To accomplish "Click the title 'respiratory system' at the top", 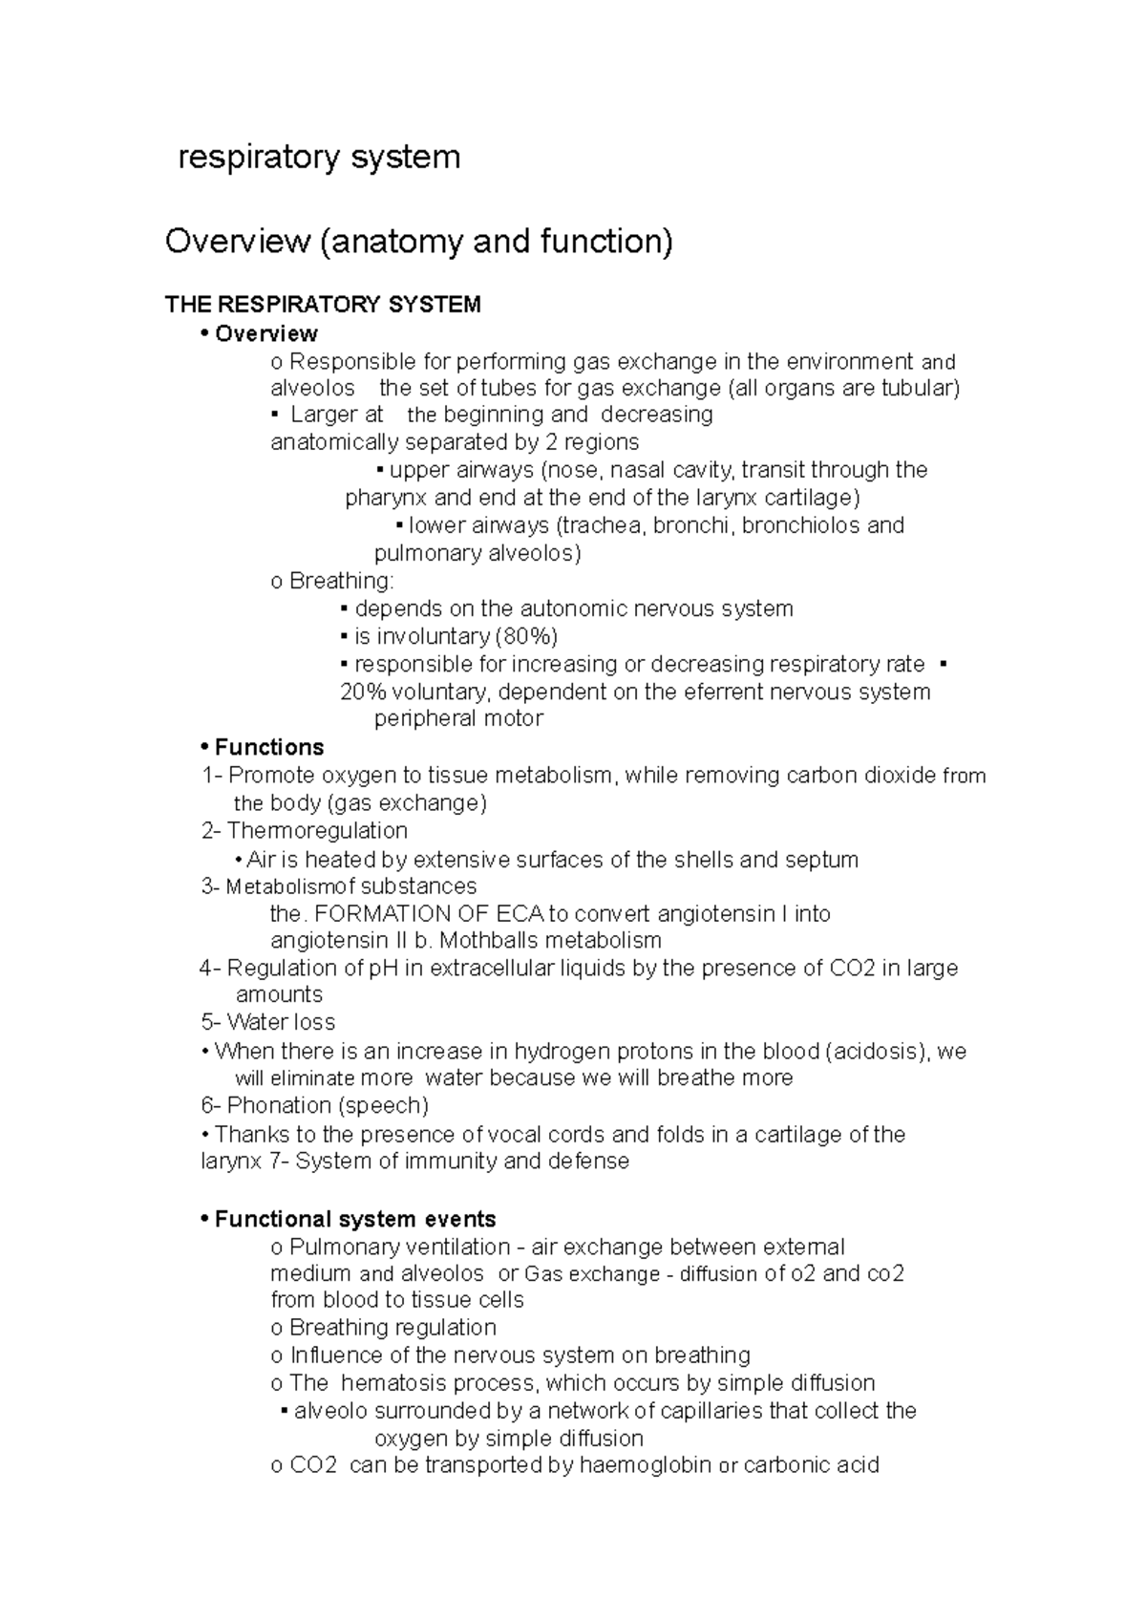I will click(x=319, y=157).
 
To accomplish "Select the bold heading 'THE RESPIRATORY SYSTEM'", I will click(x=323, y=305).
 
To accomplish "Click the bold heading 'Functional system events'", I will click(x=354, y=1220).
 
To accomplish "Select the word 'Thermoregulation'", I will click(x=317, y=831).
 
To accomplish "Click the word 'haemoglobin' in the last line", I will click(x=646, y=1465).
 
